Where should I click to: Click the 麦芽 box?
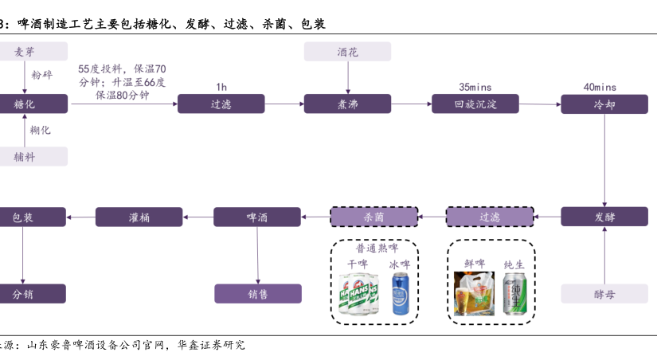24,53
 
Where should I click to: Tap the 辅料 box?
24,157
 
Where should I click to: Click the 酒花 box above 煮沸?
347,53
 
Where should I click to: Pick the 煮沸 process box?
347,104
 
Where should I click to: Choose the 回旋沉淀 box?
475,104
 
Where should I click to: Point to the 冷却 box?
604,104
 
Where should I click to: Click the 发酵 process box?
604,217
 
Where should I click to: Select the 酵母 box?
604,294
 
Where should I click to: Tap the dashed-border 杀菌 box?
374,217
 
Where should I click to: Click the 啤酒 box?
257,217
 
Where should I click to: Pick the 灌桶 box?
139,217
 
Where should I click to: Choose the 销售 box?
257,294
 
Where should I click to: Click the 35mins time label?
475,87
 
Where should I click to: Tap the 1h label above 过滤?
221,87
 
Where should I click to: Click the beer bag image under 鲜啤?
474,292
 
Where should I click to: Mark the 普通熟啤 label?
374,248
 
